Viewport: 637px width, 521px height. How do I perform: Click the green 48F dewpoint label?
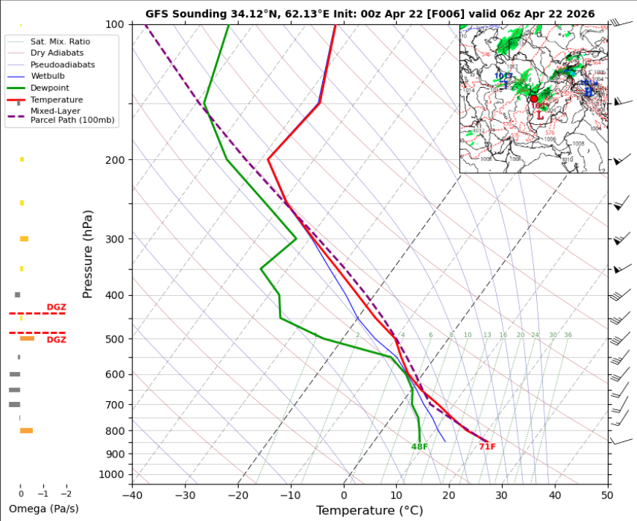tap(419, 447)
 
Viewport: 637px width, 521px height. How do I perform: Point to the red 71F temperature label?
tap(487, 447)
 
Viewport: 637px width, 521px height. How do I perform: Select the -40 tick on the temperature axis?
tap(132, 495)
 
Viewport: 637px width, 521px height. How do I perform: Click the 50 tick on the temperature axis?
tap(607, 495)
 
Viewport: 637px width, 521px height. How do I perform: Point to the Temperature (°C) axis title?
tap(370, 511)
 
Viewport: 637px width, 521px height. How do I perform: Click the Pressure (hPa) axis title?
tap(88, 254)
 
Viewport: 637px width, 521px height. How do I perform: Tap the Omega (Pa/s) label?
tap(44, 509)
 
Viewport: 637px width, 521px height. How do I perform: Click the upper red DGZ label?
tap(56, 308)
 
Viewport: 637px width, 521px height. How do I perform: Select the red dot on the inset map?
tap(533, 99)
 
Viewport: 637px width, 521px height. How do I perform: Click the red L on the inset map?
tap(539, 115)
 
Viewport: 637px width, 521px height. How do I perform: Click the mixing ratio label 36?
tap(568, 335)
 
